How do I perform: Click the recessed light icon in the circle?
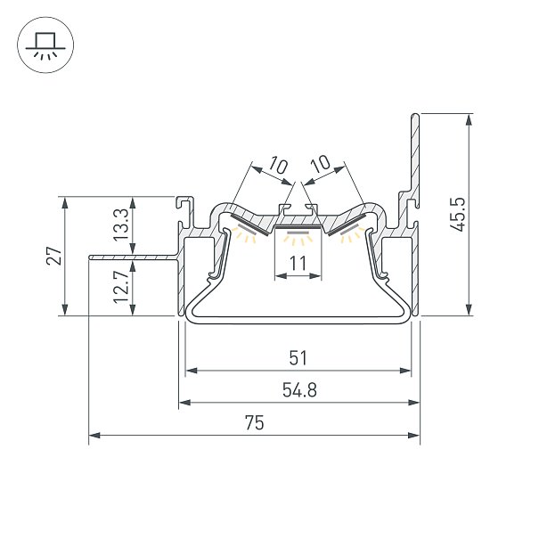(x=45, y=45)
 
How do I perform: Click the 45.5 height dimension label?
(x=458, y=214)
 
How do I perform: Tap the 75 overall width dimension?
(x=255, y=422)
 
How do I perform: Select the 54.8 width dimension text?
(x=299, y=390)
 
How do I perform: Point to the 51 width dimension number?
(x=298, y=358)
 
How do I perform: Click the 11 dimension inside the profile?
(x=298, y=264)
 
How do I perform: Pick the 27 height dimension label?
(x=53, y=256)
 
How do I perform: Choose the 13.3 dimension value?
(x=121, y=225)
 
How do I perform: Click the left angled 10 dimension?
(x=278, y=165)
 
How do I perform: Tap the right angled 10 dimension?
(x=321, y=164)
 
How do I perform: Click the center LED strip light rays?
(x=298, y=238)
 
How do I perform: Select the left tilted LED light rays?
(x=244, y=234)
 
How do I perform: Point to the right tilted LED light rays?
(x=352, y=234)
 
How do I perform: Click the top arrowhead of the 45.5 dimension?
(x=469, y=119)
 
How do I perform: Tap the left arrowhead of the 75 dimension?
(x=94, y=435)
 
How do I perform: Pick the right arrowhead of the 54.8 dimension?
(x=413, y=403)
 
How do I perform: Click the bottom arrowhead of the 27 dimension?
(x=65, y=309)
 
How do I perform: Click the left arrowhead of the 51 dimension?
(x=192, y=371)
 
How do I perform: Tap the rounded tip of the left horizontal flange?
(x=90, y=257)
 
